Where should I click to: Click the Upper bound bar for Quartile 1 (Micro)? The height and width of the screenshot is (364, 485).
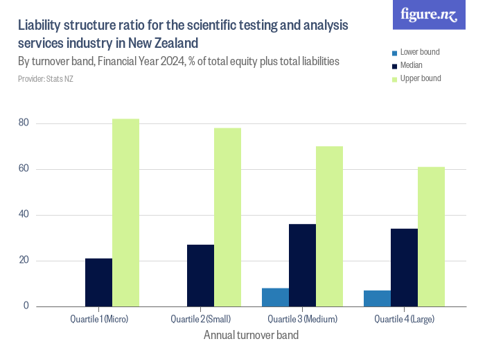click(125, 213)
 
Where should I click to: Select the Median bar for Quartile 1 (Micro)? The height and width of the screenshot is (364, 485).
click(98, 282)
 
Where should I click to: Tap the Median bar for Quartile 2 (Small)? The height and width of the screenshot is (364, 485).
click(200, 275)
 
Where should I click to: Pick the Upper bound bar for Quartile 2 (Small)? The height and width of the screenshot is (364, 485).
click(227, 217)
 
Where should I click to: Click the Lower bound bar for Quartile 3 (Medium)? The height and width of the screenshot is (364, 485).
click(275, 297)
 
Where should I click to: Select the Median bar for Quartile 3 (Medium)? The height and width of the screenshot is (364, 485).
click(302, 265)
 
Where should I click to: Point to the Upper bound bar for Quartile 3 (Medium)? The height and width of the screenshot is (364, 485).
click(329, 226)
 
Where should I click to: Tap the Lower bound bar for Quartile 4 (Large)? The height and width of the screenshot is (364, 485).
click(377, 299)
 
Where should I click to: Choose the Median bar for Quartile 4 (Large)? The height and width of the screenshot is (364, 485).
click(404, 268)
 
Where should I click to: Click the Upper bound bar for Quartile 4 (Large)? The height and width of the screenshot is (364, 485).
click(431, 236)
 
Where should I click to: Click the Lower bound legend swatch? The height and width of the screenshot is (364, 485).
click(394, 53)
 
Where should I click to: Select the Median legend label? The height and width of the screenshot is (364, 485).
click(412, 65)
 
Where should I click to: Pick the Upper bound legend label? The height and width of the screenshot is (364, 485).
click(421, 78)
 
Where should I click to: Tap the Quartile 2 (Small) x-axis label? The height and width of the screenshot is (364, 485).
click(201, 320)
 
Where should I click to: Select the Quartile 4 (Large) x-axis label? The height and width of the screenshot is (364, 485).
click(405, 320)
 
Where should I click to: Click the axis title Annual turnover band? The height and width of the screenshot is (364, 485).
click(252, 336)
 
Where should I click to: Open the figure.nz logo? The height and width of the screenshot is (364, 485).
click(430, 15)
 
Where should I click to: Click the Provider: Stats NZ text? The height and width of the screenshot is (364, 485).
click(46, 79)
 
